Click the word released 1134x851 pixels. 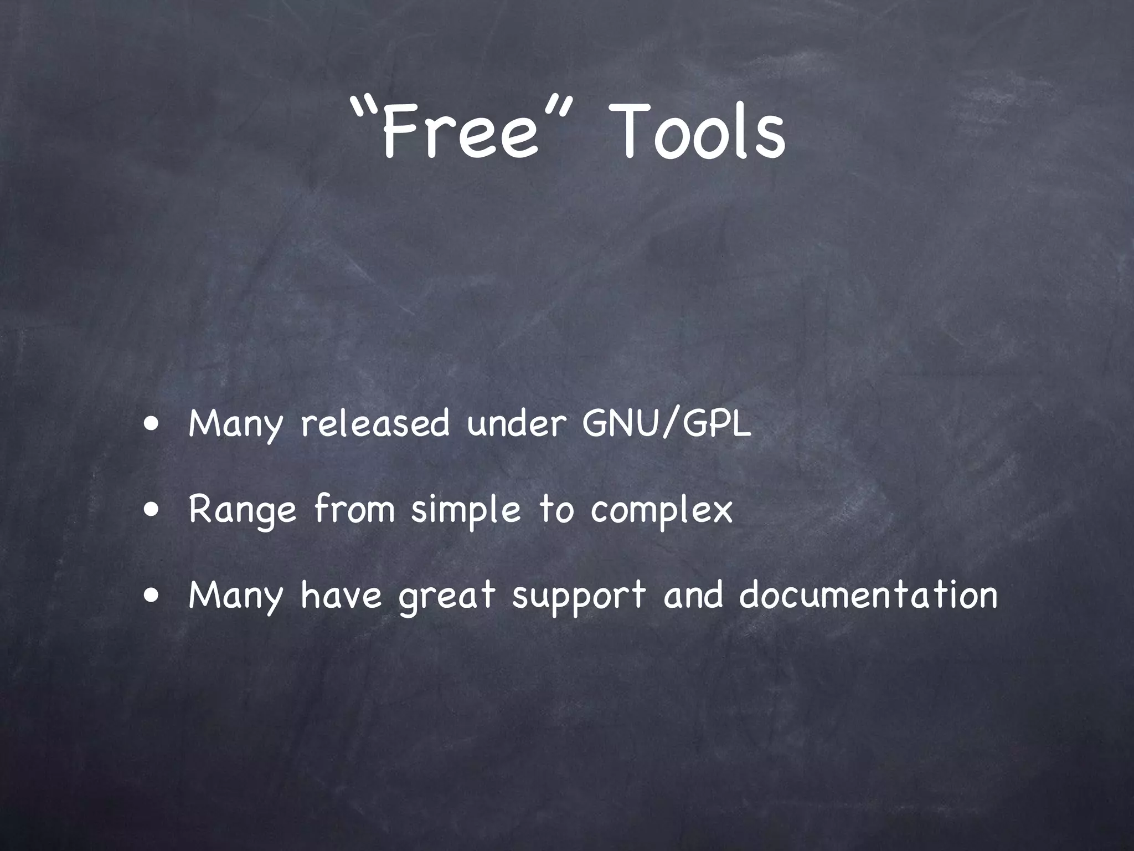point(375,424)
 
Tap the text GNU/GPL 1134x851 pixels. point(667,424)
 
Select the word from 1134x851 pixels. point(354,509)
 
